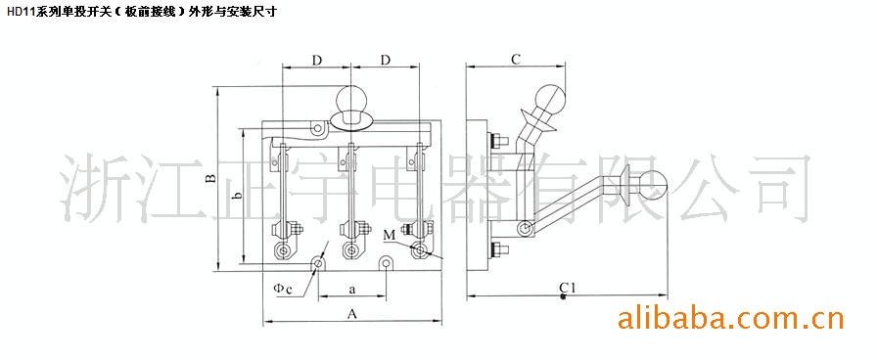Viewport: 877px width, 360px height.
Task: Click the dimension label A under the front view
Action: (x=351, y=314)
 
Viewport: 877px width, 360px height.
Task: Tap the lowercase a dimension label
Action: (x=351, y=290)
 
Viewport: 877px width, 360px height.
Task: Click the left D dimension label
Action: (x=317, y=61)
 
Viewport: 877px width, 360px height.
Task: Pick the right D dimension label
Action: (x=385, y=61)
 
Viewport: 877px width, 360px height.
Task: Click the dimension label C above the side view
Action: (x=516, y=60)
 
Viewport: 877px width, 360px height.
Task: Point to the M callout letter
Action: (x=390, y=236)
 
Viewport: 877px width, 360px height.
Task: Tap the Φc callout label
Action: (x=283, y=289)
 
